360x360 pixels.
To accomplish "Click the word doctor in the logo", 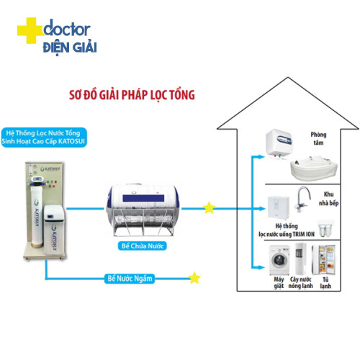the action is (x=67, y=28).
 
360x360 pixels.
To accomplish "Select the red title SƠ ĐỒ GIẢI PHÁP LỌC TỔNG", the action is (x=132, y=95).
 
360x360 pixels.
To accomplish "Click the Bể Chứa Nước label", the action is (x=143, y=246).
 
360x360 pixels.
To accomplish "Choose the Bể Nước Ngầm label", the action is (x=130, y=279).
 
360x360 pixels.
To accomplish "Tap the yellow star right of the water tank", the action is (x=209, y=208).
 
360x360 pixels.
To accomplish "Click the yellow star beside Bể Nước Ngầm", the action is (x=194, y=278).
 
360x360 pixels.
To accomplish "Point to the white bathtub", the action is (x=314, y=168).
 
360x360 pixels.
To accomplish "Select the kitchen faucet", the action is (x=303, y=199).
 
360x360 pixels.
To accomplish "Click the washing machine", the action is (x=279, y=260).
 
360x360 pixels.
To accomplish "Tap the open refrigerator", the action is (x=323, y=260).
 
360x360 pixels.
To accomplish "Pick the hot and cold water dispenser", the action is (x=300, y=258).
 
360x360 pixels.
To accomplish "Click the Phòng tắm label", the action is (x=318, y=138).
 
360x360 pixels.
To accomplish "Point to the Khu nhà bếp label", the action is (x=328, y=199).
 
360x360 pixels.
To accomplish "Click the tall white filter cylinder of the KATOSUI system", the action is (x=37, y=215).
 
